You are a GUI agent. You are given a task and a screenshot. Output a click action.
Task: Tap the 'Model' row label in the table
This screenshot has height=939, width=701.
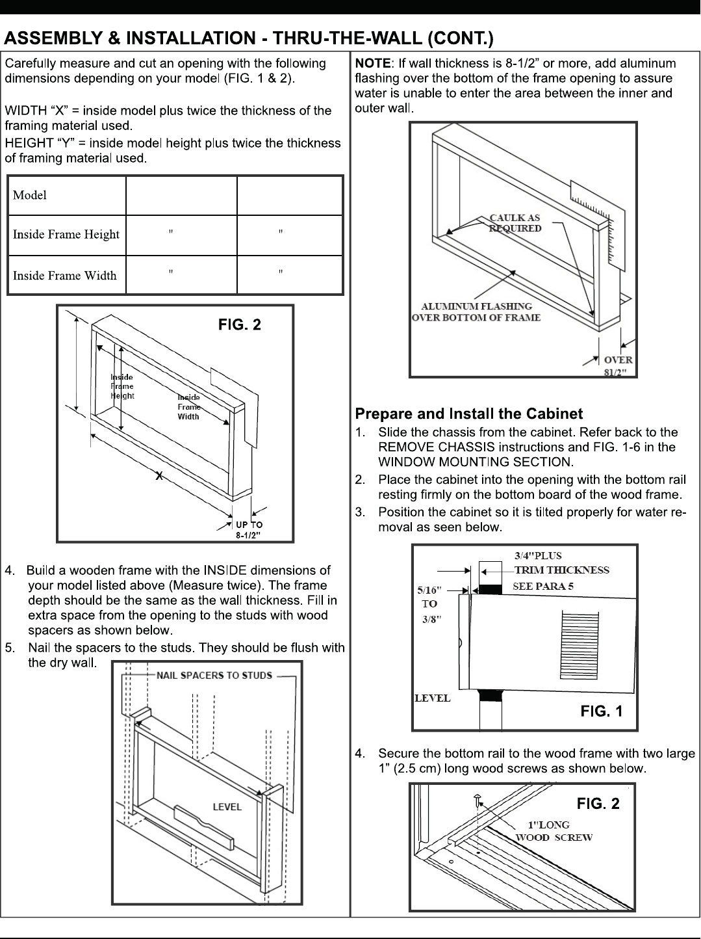[x=30, y=195]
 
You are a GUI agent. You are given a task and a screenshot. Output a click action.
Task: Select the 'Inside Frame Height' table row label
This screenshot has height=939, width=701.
[x=66, y=234]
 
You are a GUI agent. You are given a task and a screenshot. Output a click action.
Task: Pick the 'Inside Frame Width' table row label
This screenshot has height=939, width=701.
[x=65, y=275]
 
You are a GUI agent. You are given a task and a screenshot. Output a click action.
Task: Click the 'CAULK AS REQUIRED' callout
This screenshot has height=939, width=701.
[x=515, y=223]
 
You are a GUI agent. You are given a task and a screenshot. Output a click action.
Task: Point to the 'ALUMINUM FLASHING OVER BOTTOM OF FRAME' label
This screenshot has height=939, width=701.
[x=476, y=311]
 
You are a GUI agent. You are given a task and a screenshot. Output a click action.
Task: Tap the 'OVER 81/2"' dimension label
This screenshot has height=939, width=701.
[x=618, y=365]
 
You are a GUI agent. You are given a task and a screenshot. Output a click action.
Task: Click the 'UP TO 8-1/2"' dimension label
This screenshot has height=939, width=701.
[x=248, y=530]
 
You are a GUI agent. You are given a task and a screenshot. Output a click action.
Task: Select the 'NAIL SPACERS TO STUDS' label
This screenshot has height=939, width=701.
[x=214, y=675]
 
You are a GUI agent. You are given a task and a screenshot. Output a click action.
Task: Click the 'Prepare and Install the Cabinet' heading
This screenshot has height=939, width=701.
[x=468, y=414]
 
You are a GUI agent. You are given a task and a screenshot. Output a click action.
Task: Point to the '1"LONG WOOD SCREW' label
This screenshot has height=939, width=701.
[x=554, y=831]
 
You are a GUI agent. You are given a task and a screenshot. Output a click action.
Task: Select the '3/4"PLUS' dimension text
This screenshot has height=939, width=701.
[x=538, y=555]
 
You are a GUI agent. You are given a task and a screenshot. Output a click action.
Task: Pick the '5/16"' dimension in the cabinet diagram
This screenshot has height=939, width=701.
[x=429, y=590]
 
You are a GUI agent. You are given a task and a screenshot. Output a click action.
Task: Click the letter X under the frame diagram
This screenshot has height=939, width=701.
[x=158, y=477]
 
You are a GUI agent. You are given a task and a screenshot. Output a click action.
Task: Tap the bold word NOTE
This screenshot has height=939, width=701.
[x=373, y=63]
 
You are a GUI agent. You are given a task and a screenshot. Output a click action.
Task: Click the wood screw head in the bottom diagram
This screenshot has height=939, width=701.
[x=477, y=797]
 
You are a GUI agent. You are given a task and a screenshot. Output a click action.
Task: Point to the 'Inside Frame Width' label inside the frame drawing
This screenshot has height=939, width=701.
[x=188, y=406]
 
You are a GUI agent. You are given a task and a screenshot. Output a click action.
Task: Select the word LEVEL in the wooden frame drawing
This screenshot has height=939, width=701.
[x=227, y=807]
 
